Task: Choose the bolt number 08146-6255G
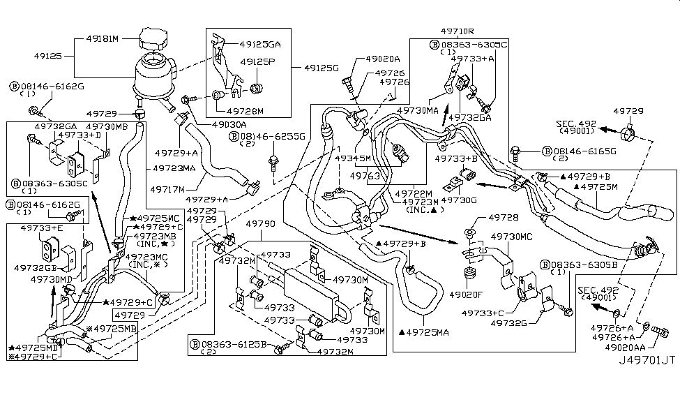(x=271, y=137)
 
